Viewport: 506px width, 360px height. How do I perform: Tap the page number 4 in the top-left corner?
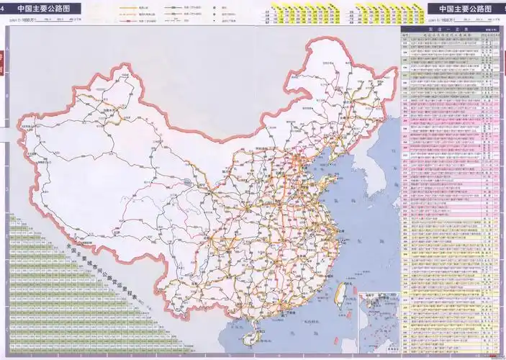4,8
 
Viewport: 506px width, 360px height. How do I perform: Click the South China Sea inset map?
378,317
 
